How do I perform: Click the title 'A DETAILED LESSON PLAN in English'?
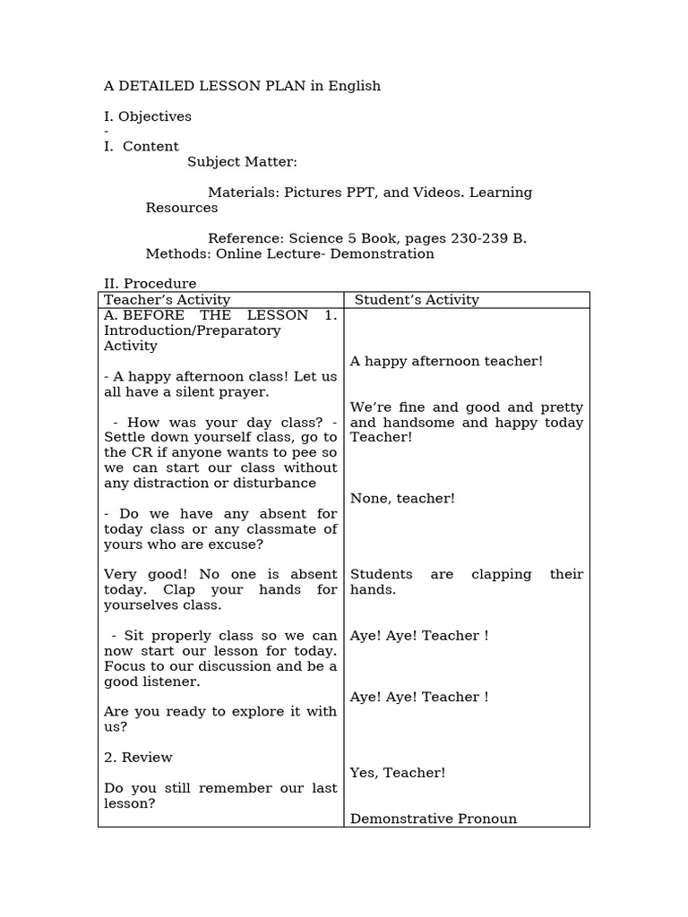click(x=242, y=86)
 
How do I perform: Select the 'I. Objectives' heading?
click(x=148, y=116)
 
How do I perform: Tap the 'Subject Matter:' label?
click(x=242, y=162)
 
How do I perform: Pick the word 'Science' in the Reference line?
click(x=314, y=238)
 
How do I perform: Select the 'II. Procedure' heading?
click(x=150, y=284)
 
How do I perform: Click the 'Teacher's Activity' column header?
click(x=167, y=300)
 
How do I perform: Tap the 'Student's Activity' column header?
click(x=417, y=300)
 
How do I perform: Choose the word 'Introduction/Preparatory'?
click(x=192, y=330)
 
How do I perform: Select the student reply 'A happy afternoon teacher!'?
click(x=446, y=361)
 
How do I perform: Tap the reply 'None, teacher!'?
click(x=402, y=498)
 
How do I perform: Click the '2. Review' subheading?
click(x=138, y=757)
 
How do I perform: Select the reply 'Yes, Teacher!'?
click(x=397, y=772)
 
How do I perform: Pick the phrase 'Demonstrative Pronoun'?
click(x=433, y=818)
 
